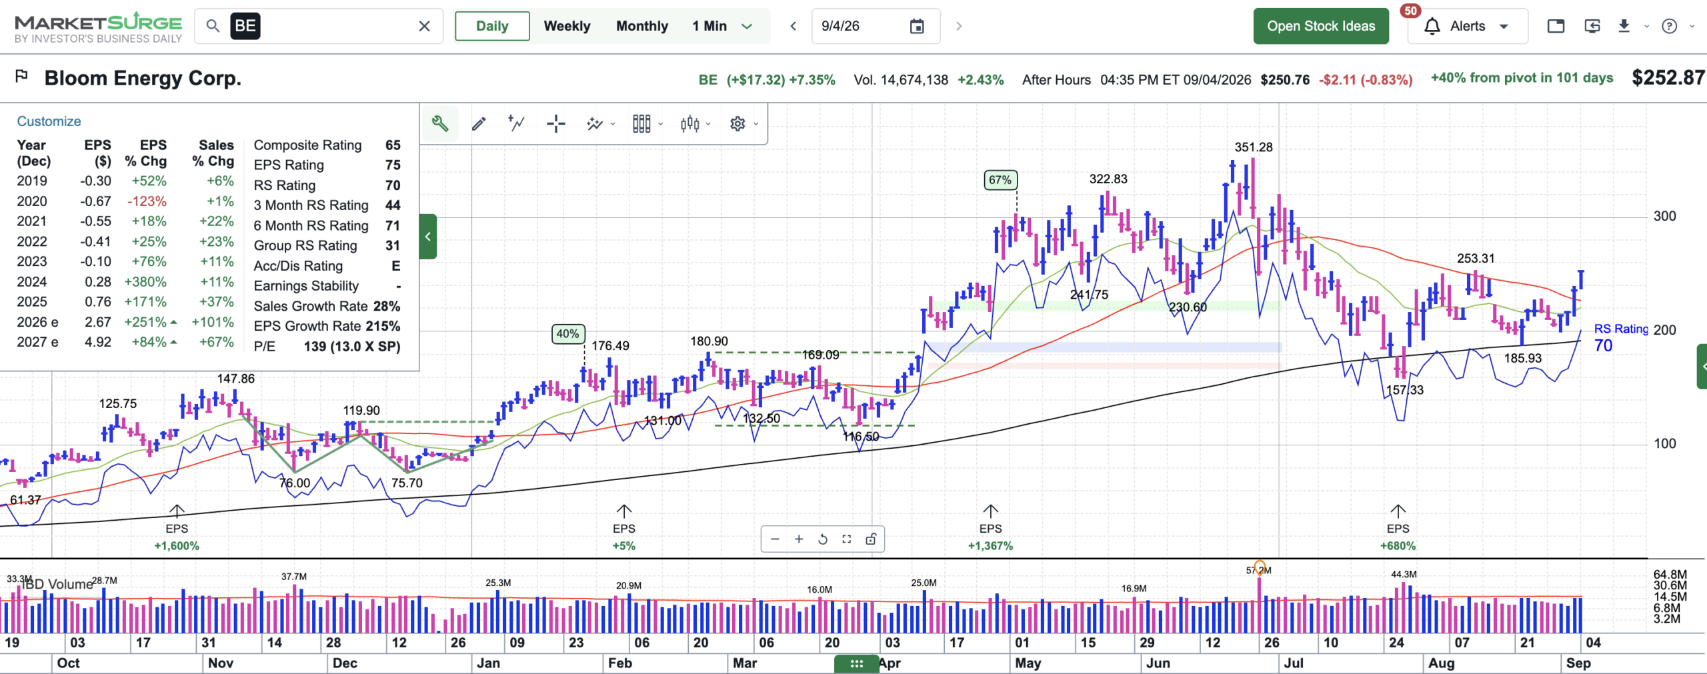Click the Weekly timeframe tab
point(567,26)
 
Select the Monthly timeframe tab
point(641,26)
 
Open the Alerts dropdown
point(1467,26)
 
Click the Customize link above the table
point(49,121)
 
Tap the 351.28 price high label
point(1254,147)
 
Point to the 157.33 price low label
point(1404,390)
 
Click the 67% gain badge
point(1000,180)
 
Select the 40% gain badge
point(568,334)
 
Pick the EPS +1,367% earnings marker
point(990,537)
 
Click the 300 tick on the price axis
point(1664,216)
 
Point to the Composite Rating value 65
point(393,145)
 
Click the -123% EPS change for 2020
point(148,201)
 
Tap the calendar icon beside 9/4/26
point(917,26)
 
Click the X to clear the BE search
point(424,26)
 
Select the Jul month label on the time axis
point(1294,663)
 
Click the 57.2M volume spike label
point(1259,570)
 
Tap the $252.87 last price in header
point(1668,78)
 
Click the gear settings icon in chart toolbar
point(737,124)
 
